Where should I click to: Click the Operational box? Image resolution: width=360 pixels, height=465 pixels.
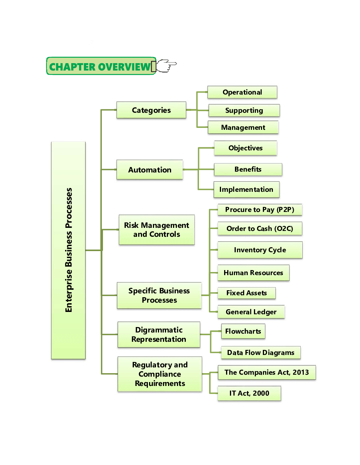[x=242, y=92]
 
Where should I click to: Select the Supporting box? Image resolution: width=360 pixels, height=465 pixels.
[x=244, y=110]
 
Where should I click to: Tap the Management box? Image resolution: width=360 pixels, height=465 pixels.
[x=243, y=127]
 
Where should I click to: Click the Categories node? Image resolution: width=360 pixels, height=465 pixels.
[x=151, y=110]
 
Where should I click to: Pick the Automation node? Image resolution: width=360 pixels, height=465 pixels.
[x=150, y=170]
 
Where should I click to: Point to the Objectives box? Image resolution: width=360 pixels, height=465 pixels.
[x=245, y=148]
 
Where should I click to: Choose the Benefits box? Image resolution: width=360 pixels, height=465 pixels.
[x=248, y=169]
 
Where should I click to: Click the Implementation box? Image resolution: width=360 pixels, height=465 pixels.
[x=246, y=189]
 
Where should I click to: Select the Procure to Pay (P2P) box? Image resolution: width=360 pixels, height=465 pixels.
[x=260, y=210]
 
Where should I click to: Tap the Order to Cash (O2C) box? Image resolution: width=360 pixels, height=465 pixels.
[x=260, y=229]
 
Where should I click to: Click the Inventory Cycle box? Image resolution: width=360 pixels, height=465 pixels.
[x=260, y=250]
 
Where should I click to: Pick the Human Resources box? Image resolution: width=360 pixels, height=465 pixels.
[x=253, y=273]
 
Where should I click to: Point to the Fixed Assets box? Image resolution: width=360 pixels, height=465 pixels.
[x=247, y=293]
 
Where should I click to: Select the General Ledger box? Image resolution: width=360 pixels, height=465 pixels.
[x=251, y=312]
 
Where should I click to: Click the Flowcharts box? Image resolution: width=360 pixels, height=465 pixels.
[x=243, y=331]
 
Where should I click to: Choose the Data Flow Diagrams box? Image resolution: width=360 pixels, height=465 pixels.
[x=261, y=353]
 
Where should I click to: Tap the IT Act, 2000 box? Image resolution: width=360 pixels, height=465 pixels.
[x=249, y=393]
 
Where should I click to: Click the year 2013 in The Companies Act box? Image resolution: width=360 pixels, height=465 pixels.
[x=301, y=372]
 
